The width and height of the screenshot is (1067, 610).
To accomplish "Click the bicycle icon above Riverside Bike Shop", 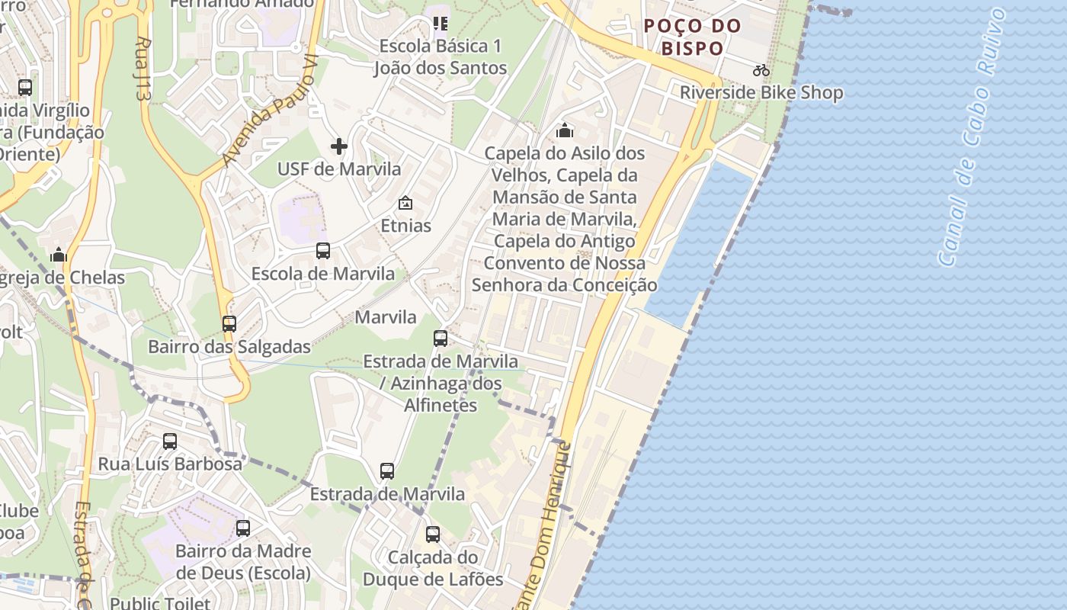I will pos(761,70).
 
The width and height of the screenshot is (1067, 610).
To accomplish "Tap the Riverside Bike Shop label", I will pos(761,93).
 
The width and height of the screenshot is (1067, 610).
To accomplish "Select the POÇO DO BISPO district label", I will pos(692,37).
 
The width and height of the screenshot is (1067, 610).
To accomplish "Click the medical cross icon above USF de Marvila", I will pos(339,146).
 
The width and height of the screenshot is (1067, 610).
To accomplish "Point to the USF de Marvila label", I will pos(339,169).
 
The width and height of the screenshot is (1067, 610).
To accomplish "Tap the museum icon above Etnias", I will pos(405,203).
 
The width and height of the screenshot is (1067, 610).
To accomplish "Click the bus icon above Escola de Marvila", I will pos(323,250).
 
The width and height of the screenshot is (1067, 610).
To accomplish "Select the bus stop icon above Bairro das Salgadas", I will pos(229,323).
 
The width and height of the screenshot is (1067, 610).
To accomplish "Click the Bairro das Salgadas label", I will pos(229,347).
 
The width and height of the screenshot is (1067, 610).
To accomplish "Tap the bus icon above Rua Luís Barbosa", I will pos(170,441).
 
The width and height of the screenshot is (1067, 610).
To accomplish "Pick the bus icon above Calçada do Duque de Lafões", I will pos(433,535).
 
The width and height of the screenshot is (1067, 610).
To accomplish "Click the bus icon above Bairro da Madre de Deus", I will pos(243,528).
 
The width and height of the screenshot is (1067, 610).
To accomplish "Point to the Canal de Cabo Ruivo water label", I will pos(975,137).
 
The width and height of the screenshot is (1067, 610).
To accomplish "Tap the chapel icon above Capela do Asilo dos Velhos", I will pos(565,130).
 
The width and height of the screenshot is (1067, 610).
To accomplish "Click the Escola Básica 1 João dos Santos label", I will pos(441,57).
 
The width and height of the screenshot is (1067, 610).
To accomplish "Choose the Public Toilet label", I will pos(160,603).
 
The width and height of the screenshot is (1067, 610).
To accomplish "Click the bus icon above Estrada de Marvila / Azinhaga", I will pos(441,338).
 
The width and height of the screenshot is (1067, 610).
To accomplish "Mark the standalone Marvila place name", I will pos(386,316).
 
